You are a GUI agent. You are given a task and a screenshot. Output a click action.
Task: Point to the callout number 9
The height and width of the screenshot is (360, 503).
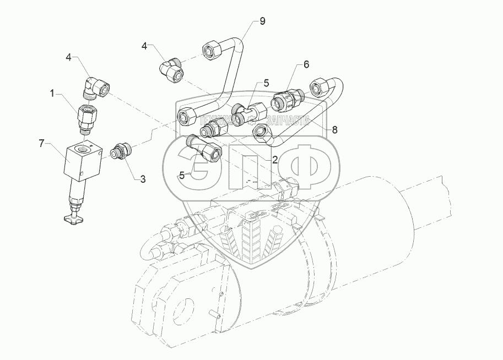click(262, 21)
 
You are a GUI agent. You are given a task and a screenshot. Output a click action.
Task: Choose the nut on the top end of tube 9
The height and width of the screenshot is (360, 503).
click(213, 50)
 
